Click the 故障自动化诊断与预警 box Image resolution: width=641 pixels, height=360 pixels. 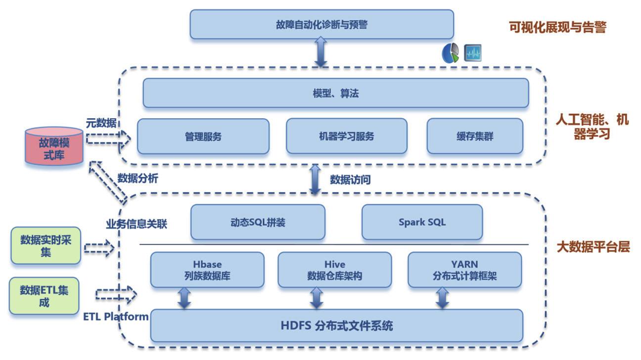[x=321, y=24]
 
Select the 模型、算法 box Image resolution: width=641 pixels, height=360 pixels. [x=335, y=93]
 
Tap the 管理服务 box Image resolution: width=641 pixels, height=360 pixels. [x=203, y=136]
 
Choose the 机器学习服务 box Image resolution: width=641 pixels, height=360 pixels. [x=346, y=136]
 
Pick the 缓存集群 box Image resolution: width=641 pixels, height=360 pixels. [x=475, y=136]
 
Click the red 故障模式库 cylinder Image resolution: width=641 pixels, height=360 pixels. [x=54, y=146]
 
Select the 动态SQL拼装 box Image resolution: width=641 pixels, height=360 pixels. [x=258, y=222]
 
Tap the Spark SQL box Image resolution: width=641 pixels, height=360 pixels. [x=422, y=222]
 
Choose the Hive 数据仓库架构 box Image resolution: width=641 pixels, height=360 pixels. [x=334, y=270]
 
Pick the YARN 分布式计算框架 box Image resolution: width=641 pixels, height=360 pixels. [x=464, y=270]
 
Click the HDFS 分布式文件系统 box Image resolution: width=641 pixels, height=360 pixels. [x=336, y=326]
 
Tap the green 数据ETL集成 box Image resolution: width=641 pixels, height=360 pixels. [x=44, y=296]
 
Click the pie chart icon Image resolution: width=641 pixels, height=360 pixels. [x=450, y=53]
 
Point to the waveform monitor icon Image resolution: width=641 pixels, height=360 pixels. [x=473, y=53]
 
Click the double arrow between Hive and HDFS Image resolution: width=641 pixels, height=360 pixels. [x=316, y=299]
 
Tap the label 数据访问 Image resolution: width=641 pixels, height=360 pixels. [x=350, y=180]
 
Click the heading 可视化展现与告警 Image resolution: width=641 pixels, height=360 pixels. [x=557, y=27]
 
